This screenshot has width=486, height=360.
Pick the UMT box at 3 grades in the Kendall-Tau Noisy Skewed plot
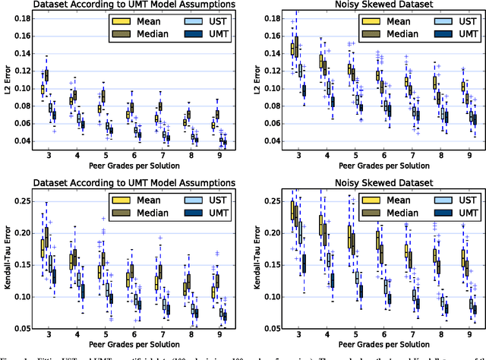click(x=305, y=263)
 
